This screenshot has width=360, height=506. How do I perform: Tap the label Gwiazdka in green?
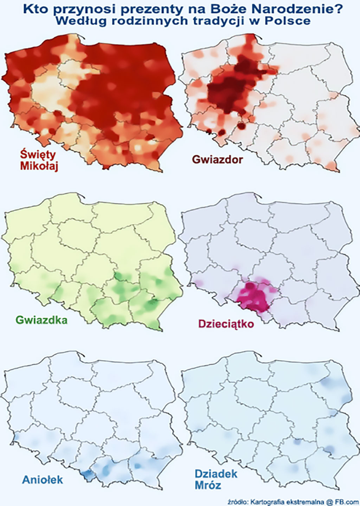pos(42,320)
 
